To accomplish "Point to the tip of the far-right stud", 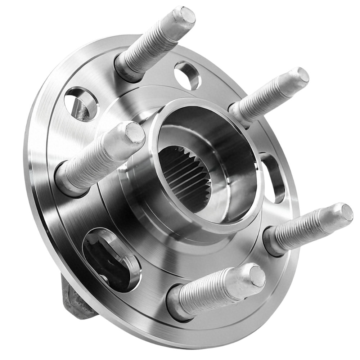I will (346, 212).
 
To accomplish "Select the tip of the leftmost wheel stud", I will (135, 132).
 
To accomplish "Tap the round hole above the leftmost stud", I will (81, 103).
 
